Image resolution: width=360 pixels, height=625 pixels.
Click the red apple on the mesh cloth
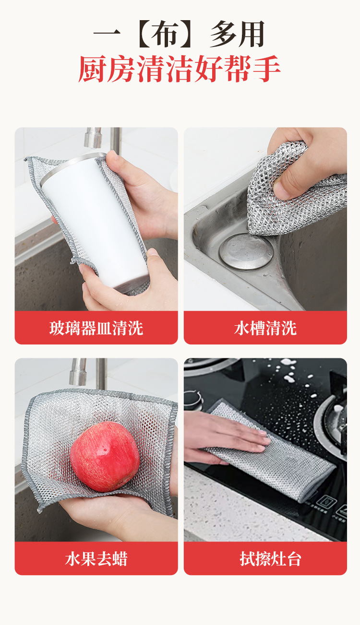click(x=105, y=457)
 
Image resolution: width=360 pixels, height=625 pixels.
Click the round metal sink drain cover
click(x=246, y=251)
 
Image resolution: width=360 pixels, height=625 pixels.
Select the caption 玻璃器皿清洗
click(x=96, y=328)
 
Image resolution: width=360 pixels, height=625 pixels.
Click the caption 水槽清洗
click(x=265, y=328)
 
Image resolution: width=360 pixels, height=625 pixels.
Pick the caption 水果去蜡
click(x=96, y=559)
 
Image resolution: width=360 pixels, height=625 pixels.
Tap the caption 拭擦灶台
click(x=270, y=559)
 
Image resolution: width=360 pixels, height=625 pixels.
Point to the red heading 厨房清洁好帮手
click(x=179, y=69)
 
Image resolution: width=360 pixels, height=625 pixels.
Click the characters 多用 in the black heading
click(x=238, y=34)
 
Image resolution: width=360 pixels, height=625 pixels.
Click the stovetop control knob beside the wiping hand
click(x=192, y=400)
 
